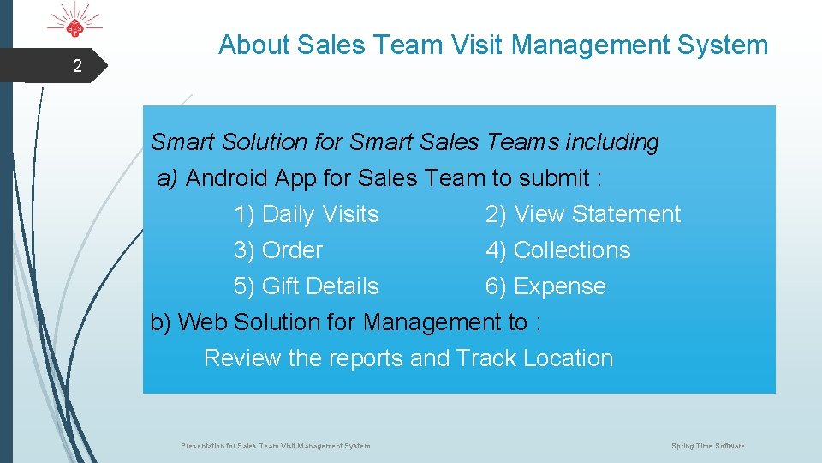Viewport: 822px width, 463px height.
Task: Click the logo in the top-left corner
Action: click(75, 24)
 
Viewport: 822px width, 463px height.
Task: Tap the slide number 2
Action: click(77, 66)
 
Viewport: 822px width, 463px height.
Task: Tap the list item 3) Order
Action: click(277, 250)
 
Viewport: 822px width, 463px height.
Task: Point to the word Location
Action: click(568, 358)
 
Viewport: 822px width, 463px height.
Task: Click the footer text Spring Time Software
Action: click(707, 446)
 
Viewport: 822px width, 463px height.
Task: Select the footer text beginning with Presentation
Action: click(276, 446)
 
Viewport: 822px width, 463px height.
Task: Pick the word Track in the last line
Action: click(485, 358)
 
